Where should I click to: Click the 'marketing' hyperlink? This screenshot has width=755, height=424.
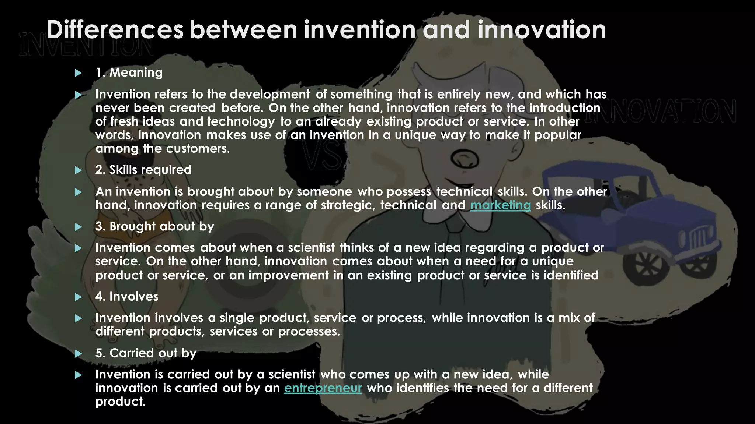[x=500, y=205]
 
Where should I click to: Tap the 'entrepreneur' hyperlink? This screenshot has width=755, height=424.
[x=323, y=388]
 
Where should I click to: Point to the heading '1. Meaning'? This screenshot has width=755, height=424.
[x=129, y=73]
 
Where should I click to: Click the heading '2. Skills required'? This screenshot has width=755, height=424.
[x=143, y=170]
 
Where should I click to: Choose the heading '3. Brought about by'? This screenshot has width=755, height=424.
[x=154, y=226]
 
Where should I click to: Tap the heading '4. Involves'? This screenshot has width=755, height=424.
[x=126, y=297]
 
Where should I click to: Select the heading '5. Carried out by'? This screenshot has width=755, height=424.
[x=146, y=353]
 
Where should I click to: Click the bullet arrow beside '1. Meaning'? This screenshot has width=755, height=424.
[x=78, y=73]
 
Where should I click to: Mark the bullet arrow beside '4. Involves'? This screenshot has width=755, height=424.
[x=78, y=297]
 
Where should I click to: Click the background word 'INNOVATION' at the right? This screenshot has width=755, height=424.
[x=664, y=110]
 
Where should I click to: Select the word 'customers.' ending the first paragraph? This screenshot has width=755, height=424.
[x=198, y=149]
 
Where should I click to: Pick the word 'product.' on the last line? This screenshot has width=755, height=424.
[x=120, y=402]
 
